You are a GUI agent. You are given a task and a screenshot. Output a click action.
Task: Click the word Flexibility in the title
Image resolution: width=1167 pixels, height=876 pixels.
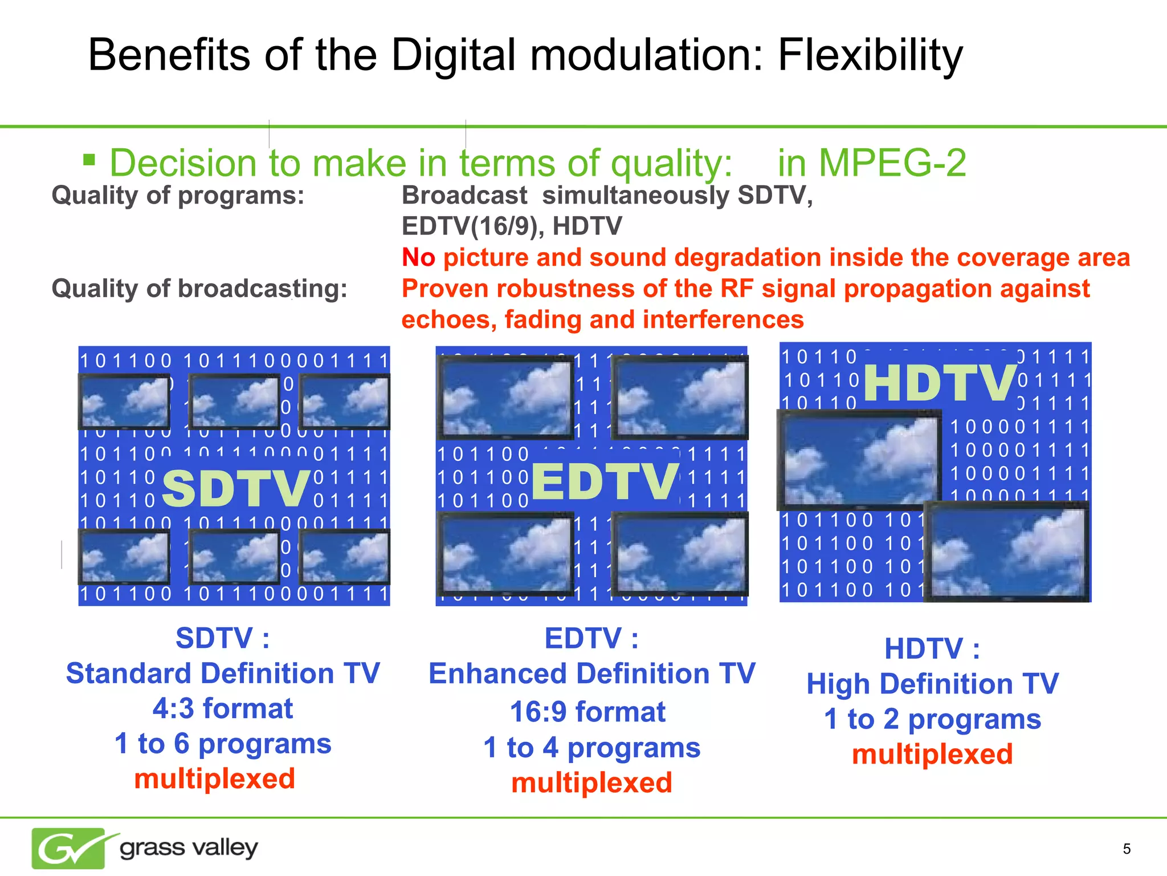point(870,55)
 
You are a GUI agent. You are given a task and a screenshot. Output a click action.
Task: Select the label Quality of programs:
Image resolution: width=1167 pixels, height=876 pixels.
point(178,196)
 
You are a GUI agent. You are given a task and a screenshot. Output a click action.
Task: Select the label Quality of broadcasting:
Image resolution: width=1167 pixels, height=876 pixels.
point(199,289)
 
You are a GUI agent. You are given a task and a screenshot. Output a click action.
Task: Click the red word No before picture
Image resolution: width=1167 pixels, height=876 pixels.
point(418,257)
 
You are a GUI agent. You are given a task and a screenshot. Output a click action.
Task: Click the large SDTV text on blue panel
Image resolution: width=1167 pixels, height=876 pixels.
point(236,488)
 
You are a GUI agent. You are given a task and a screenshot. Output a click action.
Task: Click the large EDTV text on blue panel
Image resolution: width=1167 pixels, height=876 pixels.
point(605,481)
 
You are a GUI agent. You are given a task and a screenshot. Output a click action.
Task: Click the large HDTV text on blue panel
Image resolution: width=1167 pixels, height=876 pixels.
point(940,383)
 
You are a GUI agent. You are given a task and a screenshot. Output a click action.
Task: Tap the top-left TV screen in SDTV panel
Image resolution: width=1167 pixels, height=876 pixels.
point(125,401)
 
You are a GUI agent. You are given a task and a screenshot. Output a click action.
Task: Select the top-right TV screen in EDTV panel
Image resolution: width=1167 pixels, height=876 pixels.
point(680,398)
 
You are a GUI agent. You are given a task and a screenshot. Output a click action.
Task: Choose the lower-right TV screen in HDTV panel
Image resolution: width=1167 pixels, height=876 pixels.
point(1006,551)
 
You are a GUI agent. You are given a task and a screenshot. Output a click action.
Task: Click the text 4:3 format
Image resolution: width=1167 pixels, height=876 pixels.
point(223,709)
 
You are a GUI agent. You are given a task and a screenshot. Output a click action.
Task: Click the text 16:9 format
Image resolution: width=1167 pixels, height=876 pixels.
point(587,712)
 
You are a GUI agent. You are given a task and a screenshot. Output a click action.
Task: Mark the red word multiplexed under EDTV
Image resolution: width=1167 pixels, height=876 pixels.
point(591,782)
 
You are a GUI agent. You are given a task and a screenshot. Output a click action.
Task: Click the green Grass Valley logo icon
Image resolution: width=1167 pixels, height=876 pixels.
point(69,848)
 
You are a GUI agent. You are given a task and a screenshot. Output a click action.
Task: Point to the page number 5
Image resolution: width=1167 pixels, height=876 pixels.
point(1126,849)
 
